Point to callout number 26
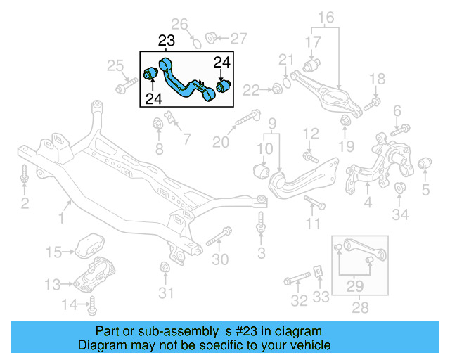point(181,26)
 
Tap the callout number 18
point(378,79)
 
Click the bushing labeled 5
point(424,165)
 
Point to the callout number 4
point(367,205)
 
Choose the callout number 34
point(399,214)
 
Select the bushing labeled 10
point(261,171)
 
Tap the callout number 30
point(220,259)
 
